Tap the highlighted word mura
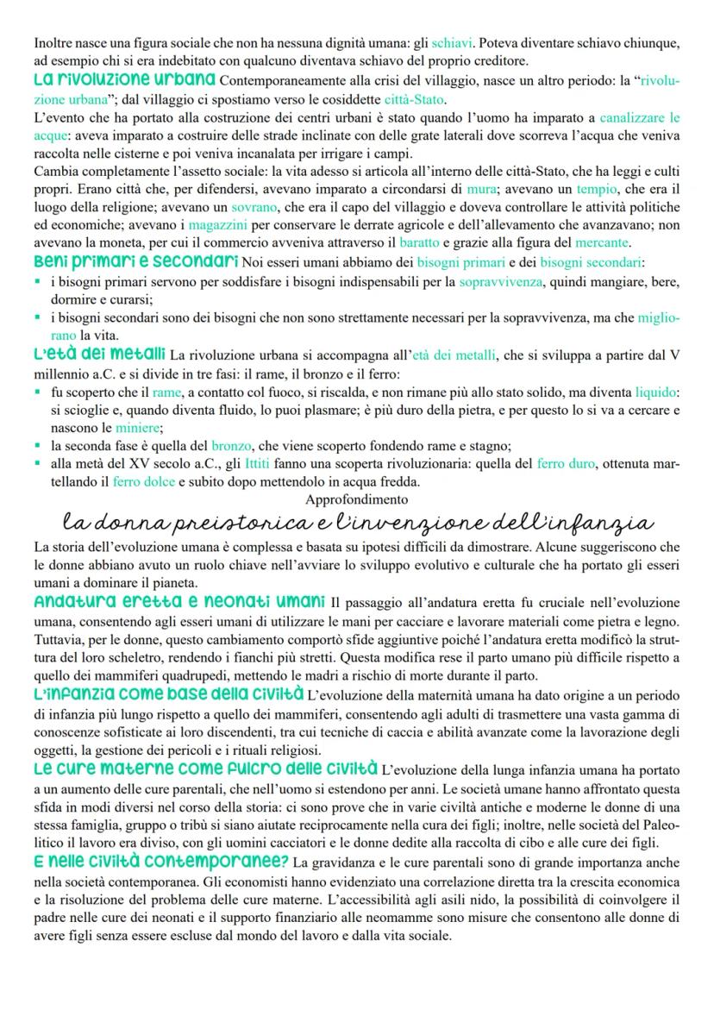475,189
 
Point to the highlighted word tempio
598,189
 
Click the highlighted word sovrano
252,207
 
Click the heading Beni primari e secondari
136,260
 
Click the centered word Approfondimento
357,499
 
